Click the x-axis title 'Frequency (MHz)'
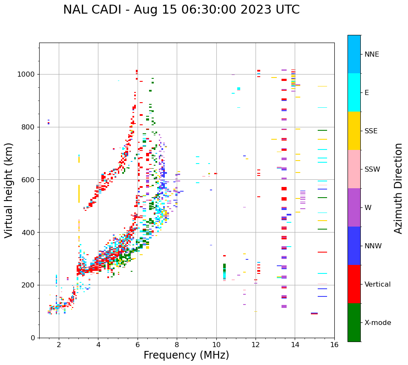186,355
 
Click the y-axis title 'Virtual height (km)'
9,190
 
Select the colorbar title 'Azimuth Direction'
398,188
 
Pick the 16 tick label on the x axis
334,345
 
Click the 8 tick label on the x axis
177,345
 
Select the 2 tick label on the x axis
59,345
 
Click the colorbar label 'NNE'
372,55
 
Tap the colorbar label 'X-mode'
378,323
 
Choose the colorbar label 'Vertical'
377,285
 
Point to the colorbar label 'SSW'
372,170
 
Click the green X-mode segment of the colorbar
354,322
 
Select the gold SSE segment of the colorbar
354,131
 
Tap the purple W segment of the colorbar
354,207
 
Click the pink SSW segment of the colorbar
354,169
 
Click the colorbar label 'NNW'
373,246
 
